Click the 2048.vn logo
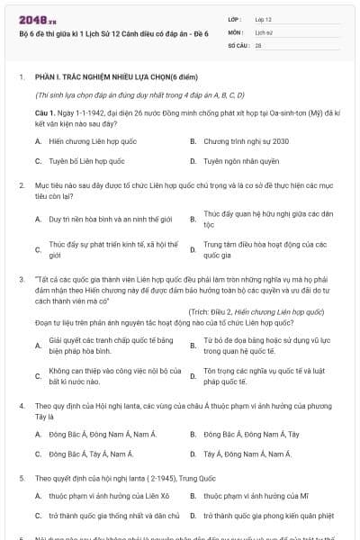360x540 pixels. point(35,19)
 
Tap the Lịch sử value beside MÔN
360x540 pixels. point(263,31)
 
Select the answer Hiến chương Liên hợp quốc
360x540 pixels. point(85,141)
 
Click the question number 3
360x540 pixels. point(21,280)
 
